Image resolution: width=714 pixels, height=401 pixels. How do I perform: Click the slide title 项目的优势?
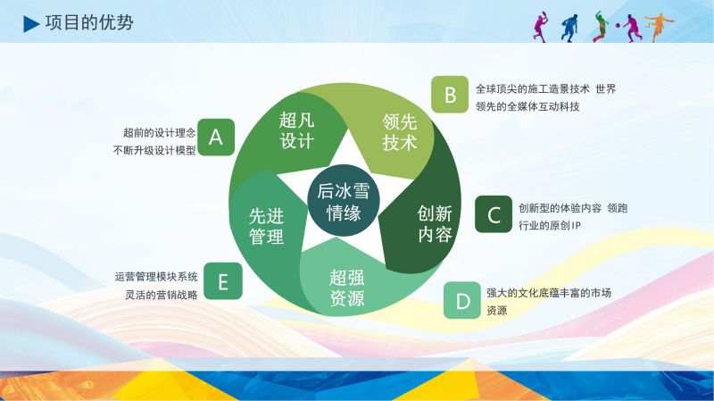(x=89, y=23)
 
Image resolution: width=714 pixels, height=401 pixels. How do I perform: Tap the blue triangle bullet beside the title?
(x=31, y=24)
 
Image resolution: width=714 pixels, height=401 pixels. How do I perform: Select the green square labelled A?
(x=216, y=138)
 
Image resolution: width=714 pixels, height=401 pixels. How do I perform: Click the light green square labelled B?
(x=450, y=95)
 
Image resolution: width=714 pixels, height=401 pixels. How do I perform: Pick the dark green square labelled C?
(x=494, y=214)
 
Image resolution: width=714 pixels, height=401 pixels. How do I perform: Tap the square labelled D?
(x=462, y=300)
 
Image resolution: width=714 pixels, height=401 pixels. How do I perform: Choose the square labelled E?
(x=223, y=281)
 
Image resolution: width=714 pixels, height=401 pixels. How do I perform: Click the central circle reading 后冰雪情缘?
(x=344, y=200)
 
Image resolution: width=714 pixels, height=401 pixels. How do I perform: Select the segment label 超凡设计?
(x=297, y=130)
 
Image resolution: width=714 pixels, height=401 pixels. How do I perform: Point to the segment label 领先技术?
(x=400, y=132)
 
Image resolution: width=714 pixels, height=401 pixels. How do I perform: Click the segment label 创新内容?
(x=435, y=223)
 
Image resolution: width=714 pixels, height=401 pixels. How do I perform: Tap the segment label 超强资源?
(x=347, y=288)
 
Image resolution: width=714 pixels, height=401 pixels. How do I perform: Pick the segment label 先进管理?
(x=266, y=227)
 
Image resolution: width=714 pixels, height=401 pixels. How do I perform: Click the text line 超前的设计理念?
(x=160, y=132)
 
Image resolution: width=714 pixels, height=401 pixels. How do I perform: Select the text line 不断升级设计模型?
(x=154, y=150)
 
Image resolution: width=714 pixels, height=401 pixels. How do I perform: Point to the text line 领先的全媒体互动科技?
(x=527, y=106)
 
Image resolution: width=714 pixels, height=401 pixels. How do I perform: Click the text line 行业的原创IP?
(x=550, y=226)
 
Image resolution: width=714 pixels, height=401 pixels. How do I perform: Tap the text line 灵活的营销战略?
(x=162, y=295)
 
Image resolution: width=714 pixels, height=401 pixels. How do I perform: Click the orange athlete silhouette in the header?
(x=659, y=27)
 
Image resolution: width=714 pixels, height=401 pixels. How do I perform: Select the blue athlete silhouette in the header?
(x=569, y=28)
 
